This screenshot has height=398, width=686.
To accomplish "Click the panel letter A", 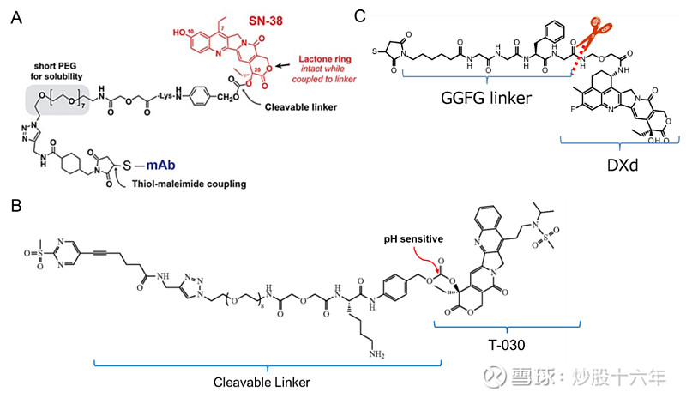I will click(x=15, y=18).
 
